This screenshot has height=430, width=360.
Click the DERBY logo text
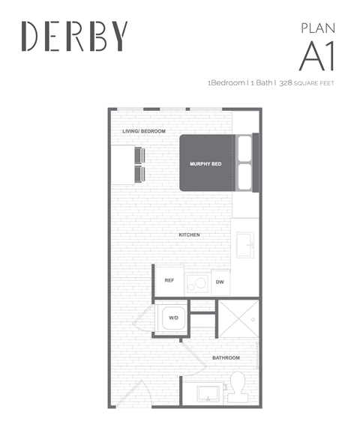coord(74,36)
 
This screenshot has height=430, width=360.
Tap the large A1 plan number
coord(317,56)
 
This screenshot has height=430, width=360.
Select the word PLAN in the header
coord(318,28)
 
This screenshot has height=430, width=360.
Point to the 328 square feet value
coord(307,83)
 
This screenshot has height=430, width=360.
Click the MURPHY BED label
coord(205,164)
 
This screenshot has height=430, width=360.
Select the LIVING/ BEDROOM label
coord(144,131)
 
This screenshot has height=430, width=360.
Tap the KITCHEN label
coord(189,235)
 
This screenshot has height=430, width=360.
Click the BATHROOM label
coord(226,358)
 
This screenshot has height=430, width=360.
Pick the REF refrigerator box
coord(169,280)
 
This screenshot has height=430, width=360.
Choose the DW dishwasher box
coord(220,282)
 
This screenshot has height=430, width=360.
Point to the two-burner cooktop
coord(198,284)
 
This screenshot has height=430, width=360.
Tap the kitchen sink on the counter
coord(245,245)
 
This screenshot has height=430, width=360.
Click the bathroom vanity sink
coord(208,393)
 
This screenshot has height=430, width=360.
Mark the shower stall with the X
coord(238,318)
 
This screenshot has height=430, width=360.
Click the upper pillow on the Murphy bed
coord(244,148)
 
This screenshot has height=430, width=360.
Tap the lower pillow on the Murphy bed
coord(244,177)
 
